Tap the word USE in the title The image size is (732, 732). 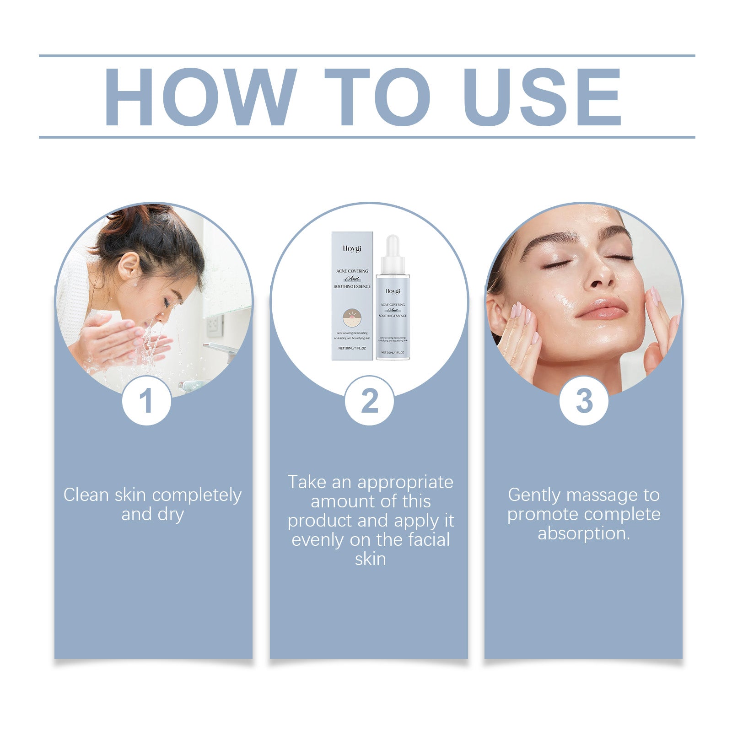click(x=544, y=97)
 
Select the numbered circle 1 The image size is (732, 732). click(x=146, y=401)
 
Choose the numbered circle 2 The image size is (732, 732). click(x=369, y=401)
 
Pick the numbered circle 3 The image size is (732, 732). click(x=584, y=401)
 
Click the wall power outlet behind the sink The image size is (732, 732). click(x=215, y=325)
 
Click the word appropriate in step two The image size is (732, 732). click(x=405, y=482)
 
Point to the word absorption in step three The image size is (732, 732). click(x=584, y=533)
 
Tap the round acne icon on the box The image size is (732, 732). click(x=352, y=317)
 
